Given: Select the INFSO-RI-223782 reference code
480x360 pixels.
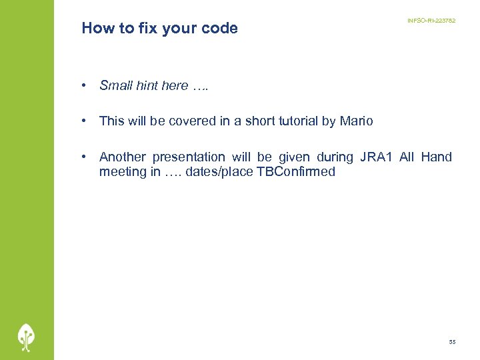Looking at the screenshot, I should (x=431, y=21).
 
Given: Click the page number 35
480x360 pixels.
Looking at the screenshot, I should (x=452, y=342).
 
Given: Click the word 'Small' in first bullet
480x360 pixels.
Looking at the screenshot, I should (x=115, y=85).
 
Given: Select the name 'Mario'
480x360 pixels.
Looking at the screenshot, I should (x=356, y=121).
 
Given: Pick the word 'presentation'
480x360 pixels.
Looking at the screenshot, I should (x=189, y=157).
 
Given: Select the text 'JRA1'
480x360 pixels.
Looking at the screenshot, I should (x=376, y=157).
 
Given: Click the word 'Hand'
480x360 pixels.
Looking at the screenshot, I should (x=436, y=157).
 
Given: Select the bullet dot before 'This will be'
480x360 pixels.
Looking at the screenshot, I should (x=85, y=121).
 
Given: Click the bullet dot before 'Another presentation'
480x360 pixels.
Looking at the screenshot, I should (x=85, y=157).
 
